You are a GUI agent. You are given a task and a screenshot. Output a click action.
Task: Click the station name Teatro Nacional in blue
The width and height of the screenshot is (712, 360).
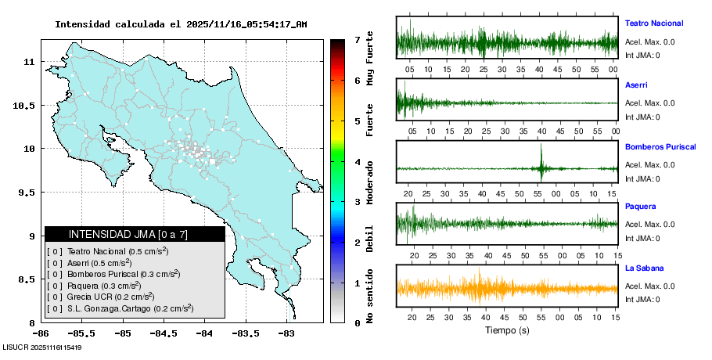[x=653, y=23]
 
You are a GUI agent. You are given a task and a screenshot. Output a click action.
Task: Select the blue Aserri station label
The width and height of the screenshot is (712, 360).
[x=636, y=85]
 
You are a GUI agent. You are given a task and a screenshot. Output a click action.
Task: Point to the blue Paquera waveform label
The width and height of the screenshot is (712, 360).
[x=640, y=207]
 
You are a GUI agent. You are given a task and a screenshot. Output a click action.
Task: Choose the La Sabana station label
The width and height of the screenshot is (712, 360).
[x=643, y=268]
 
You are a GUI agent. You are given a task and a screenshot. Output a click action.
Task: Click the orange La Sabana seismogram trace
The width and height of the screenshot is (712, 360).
[x=507, y=288]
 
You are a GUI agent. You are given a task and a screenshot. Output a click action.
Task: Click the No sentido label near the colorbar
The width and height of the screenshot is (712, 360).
[x=370, y=299]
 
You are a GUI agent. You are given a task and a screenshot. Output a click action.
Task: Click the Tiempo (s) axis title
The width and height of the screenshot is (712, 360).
[x=507, y=330]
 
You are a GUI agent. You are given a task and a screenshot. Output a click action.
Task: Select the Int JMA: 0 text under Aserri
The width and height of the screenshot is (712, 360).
[x=642, y=117]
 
